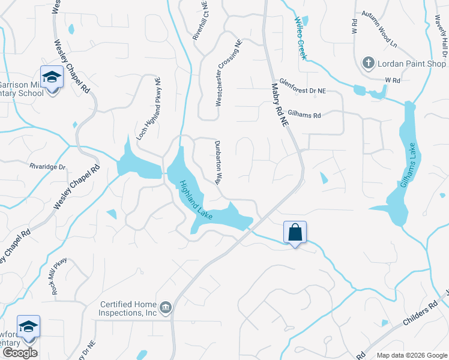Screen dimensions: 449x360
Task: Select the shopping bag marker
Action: (295, 232)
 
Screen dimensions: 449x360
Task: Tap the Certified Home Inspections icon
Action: (166, 308)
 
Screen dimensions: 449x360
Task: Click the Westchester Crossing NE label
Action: (228, 73)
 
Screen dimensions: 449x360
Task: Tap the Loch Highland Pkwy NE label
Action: (149, 108)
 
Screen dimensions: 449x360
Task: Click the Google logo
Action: (20, 353)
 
